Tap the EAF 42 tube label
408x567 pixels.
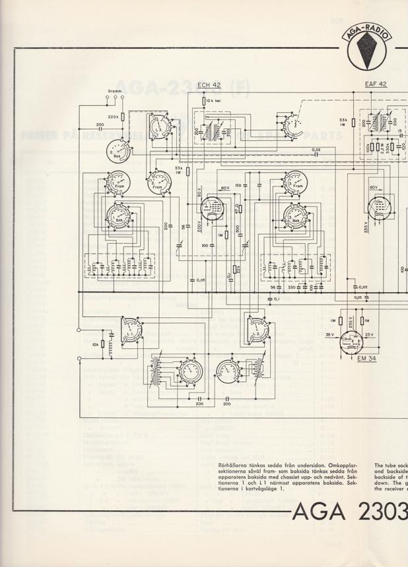tap(376, 84)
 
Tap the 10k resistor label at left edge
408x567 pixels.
tap(96, 344)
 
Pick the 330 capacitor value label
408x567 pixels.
tap(290, 287)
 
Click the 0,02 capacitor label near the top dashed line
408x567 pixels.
tap(318, 150)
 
